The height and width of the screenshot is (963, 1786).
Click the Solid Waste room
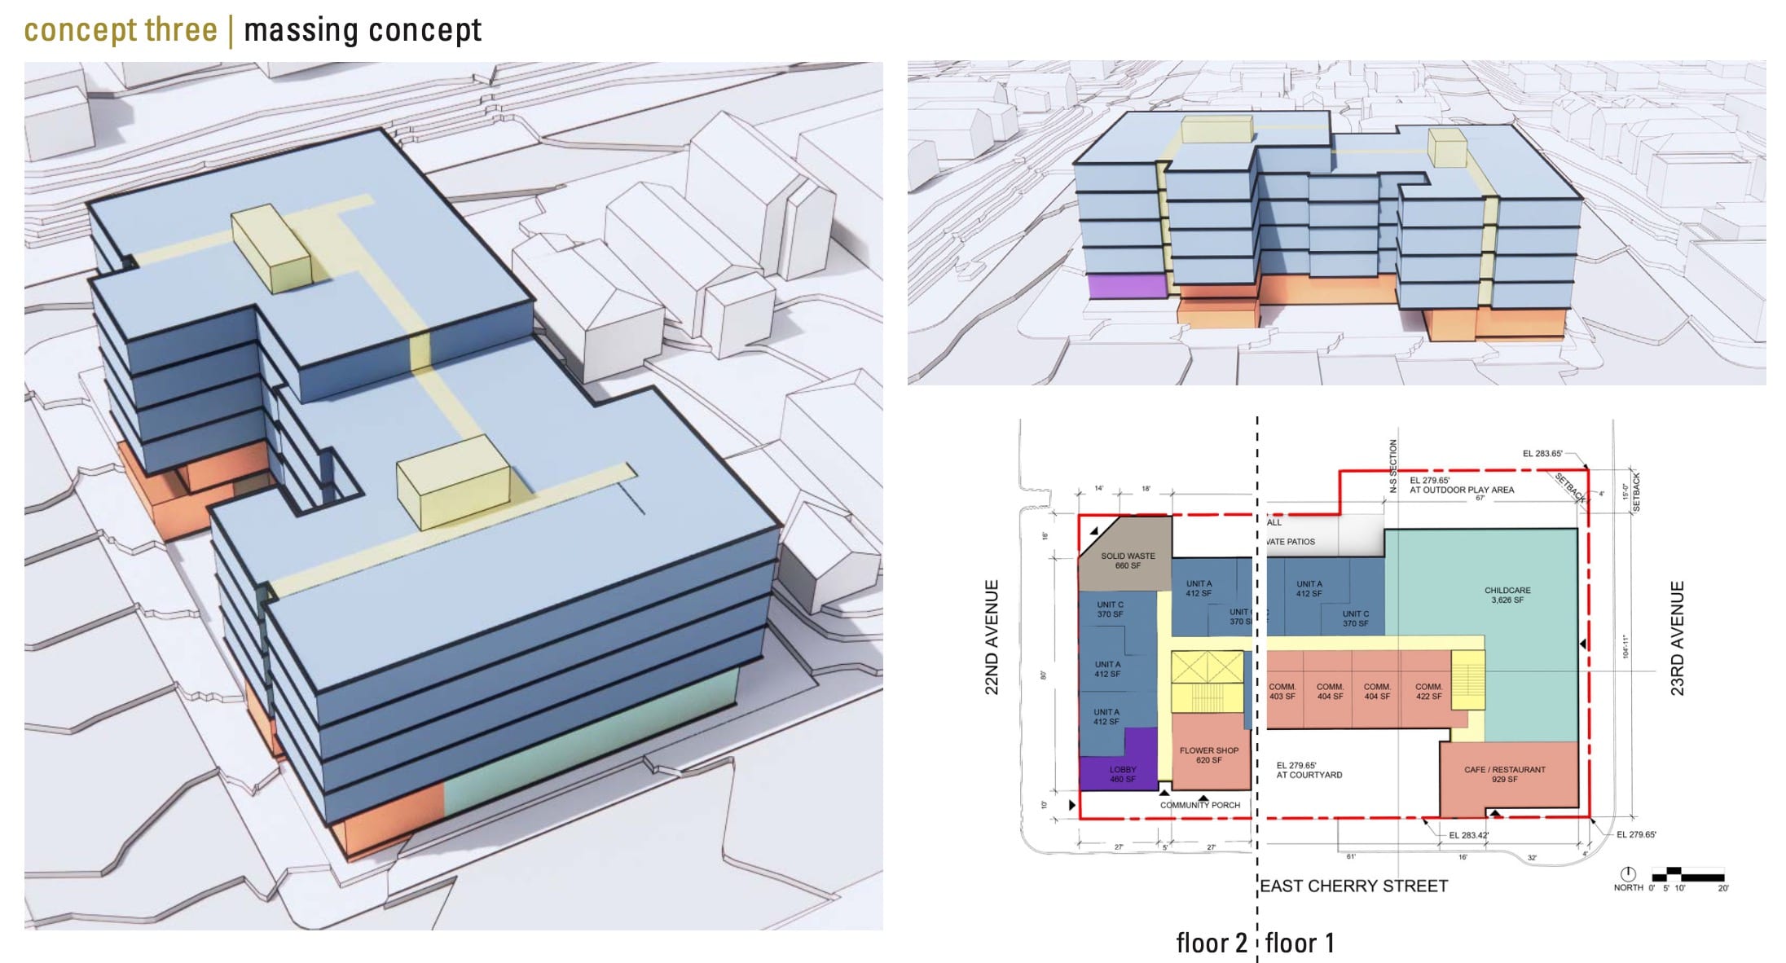click(x=1127, y=561)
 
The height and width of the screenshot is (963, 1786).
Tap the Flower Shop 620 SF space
click(x=1209, y=756)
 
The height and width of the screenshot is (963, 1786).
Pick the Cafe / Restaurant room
click(x=1504, y=775)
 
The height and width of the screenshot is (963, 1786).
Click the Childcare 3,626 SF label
click(x=1507, y=596)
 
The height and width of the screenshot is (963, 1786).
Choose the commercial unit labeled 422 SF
click(x=1428, y=692)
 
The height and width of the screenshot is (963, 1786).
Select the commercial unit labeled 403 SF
click(x=1282, y=692)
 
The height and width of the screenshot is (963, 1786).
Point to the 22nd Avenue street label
click(x=992, y=637)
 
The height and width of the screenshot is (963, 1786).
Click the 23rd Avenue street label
click(x=1677, y=637)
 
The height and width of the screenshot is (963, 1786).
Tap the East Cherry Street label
click(x=1354, y=886)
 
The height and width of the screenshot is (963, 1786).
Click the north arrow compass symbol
click(x=1628, y=874)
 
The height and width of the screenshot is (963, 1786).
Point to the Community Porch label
click(x=1200, y=805)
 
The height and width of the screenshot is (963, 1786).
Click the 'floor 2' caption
click(x=1211, y=943)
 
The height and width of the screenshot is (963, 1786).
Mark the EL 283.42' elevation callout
click(x=1468, y=835)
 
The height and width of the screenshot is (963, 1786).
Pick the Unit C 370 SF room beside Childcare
click(x=1355, y=618)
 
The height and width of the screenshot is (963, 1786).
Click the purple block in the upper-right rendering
click(x=1126, y=286)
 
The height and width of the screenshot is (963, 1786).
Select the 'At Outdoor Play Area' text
click(x=1462, y=490)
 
